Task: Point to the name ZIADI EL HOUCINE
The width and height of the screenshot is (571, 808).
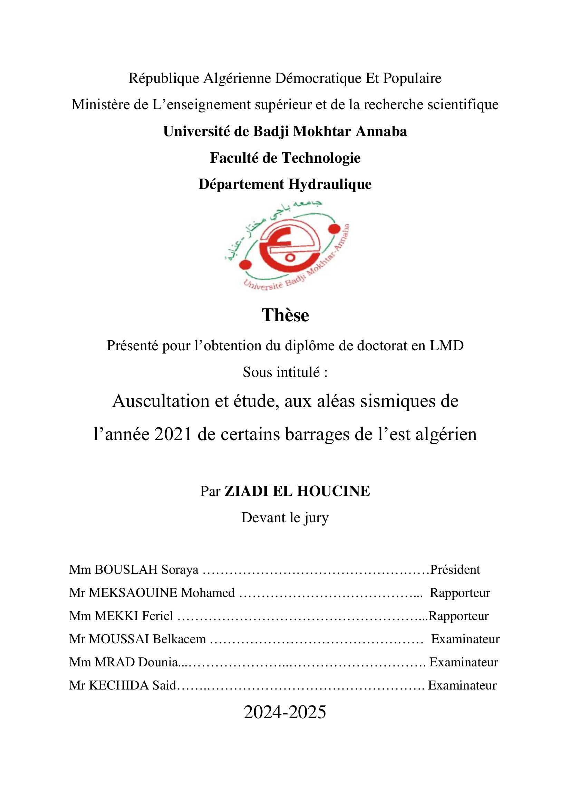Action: point(297,491)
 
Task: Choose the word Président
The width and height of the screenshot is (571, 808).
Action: point(455,569)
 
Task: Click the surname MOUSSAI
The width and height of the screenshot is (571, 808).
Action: point(119,639)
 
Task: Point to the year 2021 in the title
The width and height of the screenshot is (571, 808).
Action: point(173,435)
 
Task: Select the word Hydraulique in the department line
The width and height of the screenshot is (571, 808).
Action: point(330,184)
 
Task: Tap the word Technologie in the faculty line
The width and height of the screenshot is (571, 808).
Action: point(320,158)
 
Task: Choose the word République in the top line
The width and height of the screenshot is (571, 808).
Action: point(164,78)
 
